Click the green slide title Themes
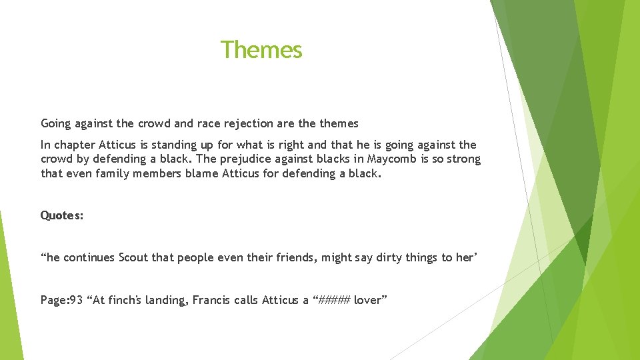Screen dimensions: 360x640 261,50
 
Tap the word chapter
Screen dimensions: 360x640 75,145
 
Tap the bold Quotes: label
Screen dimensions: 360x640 62,215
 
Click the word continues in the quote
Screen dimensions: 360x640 90,257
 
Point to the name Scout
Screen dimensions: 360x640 133,257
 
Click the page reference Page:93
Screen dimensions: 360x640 61,300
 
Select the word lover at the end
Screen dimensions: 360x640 369,300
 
